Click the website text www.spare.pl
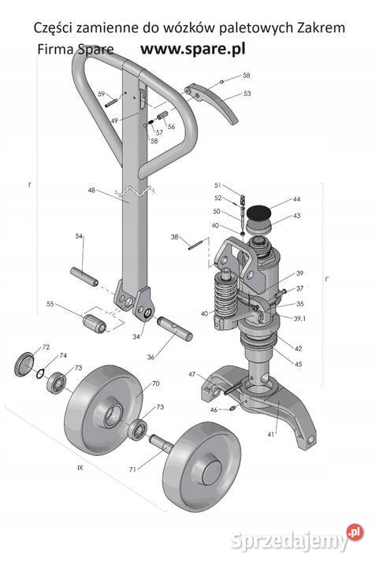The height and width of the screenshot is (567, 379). point(193,49)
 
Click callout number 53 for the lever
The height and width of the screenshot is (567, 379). point(247,93)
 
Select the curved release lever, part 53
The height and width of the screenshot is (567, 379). point(213,102)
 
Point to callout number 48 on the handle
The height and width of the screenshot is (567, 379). point(92,190)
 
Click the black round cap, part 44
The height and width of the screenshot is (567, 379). point(258,213)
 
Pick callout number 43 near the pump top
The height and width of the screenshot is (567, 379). point(296,216)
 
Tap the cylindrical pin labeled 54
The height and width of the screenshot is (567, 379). point(84,276)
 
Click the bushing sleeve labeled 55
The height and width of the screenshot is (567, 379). point(95,324)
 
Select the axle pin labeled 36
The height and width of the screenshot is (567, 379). point(175,328)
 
